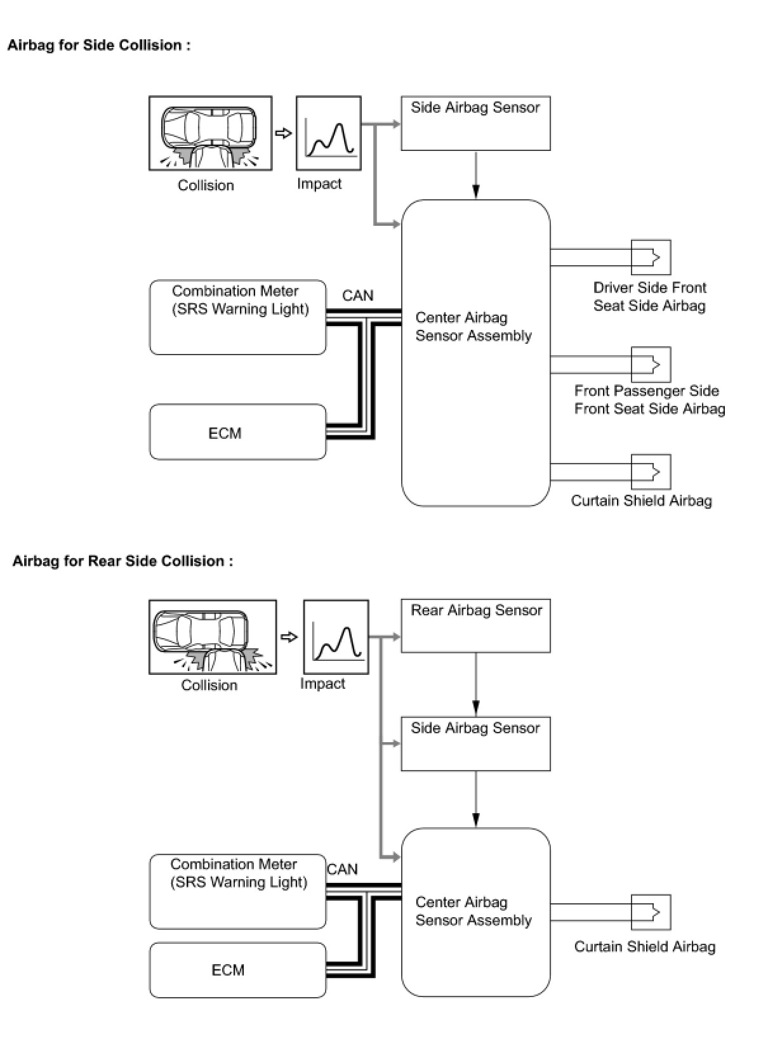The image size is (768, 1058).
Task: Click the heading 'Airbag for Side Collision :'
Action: point(98,45)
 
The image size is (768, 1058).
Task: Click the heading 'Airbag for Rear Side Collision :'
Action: point(122,561)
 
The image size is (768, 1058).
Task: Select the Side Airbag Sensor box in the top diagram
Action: point(475,123)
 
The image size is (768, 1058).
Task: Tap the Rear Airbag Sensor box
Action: point(475,625)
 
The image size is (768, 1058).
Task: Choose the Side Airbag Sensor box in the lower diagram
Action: point(475,743)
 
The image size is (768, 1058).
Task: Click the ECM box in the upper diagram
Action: point(237,433)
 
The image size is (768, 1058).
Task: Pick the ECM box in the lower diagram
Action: point(237,970)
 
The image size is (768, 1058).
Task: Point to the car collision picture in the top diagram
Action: point(210,133)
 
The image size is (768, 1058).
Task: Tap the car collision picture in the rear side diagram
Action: point(212,637)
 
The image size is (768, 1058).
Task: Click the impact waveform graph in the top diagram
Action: point(328,133)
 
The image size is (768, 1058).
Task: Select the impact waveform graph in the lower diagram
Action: point(336,637)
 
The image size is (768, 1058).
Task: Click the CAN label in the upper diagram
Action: point(357,296)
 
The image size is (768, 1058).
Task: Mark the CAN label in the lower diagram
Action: point(342,869)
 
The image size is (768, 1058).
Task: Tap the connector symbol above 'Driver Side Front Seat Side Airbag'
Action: point(651,257)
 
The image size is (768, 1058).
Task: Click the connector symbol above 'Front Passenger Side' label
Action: point(651,364)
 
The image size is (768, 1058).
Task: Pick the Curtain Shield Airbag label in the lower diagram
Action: point(644,946)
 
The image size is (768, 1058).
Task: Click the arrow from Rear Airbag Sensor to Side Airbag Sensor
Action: point(476,685)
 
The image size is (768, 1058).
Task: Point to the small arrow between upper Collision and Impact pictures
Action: point(284,133)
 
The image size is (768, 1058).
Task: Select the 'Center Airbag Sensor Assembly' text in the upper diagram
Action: point(473,327)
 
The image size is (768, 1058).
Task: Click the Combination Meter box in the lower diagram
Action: point(237,891)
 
